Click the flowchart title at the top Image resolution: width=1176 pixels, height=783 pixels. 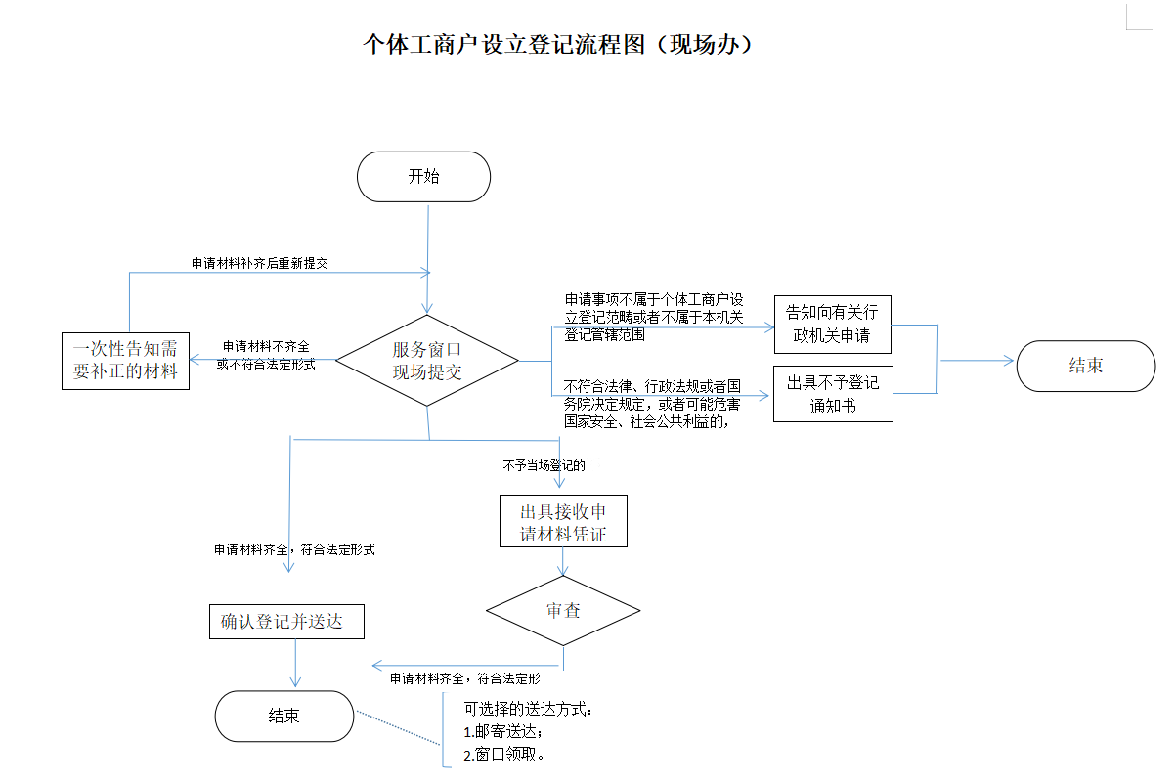[x=558, y=45]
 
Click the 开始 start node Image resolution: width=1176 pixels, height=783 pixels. [x=423, y=177]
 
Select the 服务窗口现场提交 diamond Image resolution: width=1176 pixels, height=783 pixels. [x=427, y=361]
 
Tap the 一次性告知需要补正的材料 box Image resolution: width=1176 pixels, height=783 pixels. [x=125, y=361]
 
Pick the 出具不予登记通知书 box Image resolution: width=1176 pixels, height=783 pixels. [x=833, y=394]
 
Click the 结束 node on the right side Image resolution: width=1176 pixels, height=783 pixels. [x=1085, y=366]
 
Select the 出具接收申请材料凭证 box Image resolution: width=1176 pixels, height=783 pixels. [x=562, y=522]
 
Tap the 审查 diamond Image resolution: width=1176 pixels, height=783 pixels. [x=563, y=611]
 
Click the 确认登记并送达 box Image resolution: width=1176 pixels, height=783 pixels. [x=286, y=622]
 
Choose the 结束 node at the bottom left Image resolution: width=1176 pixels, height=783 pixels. [x=283, y=716]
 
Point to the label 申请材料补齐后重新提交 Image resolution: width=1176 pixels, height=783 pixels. [x=259, y=264]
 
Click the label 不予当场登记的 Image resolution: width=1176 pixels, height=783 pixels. [x=544, y=465]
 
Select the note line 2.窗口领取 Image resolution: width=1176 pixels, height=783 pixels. [x=503, y=755]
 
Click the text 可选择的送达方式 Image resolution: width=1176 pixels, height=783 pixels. [x=528, y=709]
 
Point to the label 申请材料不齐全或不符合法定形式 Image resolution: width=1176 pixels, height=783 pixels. [x=265, y=355]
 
